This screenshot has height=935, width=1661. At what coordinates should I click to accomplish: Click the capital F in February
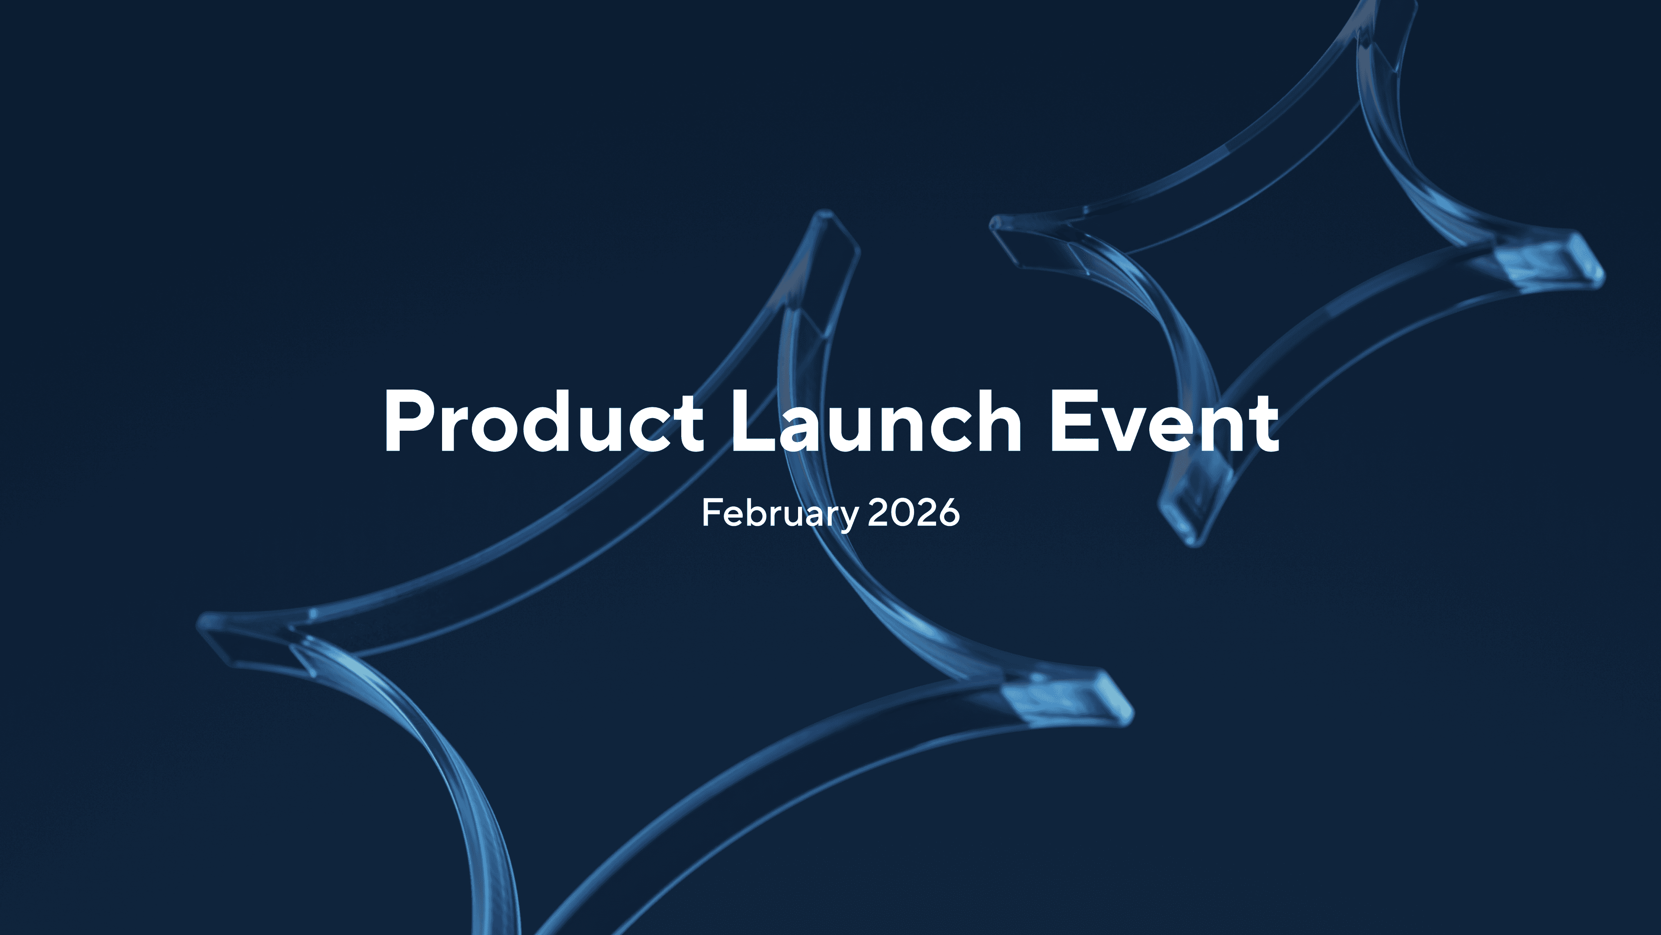[x=712, y=513]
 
